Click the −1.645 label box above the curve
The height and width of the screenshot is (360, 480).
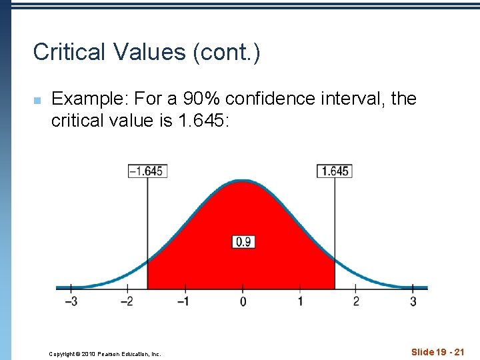coord(146,171)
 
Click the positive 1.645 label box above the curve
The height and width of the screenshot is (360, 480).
coord(334,171)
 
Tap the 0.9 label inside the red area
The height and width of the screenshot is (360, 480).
coord(243,242)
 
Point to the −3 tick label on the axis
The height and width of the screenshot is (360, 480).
coord(70,301)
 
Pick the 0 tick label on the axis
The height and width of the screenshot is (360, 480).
coord(243,301)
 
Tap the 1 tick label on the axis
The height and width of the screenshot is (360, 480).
coord(299,301)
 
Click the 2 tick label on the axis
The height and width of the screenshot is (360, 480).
coord(356,301)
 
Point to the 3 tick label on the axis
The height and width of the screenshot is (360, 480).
coord(413,301)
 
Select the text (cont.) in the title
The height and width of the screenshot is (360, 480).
coord(226,52)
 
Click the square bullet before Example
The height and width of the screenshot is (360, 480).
coord(37,100)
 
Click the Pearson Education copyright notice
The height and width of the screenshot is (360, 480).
coord(105,354)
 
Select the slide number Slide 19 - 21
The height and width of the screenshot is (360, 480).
coord(437,351)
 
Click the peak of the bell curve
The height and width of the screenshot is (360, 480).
coord(243,181)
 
